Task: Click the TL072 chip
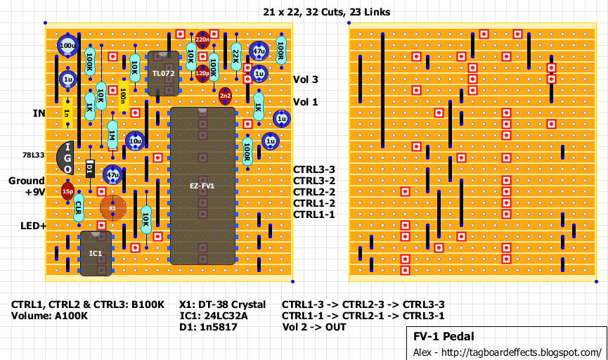click(162, 73)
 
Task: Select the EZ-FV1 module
click(202, 186)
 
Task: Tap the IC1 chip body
click(96, 252)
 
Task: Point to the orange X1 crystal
click(112, 208)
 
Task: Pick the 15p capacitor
click(67, 191)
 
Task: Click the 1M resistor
click(112, 134)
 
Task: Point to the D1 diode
click(90, 169)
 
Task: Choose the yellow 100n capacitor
click(123, 94)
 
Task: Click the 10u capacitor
click(135, 141)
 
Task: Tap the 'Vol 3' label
click(305, 79)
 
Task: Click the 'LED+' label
click(33, 226)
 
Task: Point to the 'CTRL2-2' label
click(314, 192)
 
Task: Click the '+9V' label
click(34, 192)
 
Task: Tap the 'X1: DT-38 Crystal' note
click(226, 304)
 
